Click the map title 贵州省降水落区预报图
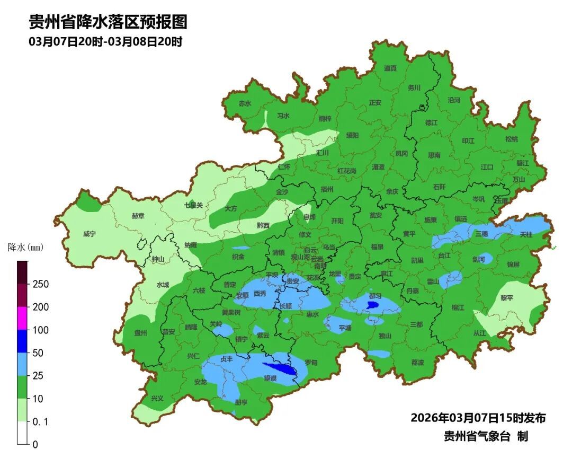[108, 22]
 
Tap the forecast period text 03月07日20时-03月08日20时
[105, 42]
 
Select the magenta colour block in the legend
[22, 318]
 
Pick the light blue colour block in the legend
[22, 364]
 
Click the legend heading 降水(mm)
[25, 247]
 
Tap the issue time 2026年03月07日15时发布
[478, 418]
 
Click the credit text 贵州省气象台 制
[486, 436]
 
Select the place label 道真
[390, 68]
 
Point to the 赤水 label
[244, 103]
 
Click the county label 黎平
[507, 298]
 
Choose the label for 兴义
[157, 398]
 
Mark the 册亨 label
[241, 402]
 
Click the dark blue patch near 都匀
[372, 305]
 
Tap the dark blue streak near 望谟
[280, 368]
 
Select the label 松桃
[511, 139]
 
